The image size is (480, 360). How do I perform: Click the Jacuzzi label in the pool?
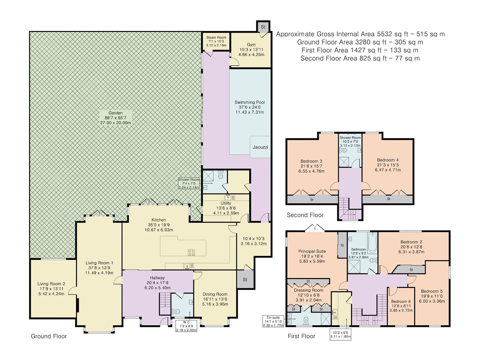[x=260, y=147]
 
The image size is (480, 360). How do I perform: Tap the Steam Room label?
[x=216, y=38]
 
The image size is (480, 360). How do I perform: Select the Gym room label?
[x=251, y=45]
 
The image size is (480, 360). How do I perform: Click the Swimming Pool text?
[x=249, y=102]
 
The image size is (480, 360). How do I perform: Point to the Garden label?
[x=115, y=113]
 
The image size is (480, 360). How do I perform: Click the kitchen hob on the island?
[x=192, y=252]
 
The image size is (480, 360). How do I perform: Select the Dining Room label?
[x=215, y=294]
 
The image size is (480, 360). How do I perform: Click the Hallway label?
[x=157, y=278]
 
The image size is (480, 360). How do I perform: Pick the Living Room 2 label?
[x=51, y=284]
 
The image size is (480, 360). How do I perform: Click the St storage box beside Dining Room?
[x=245, y=279]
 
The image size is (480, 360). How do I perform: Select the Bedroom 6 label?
[x=401, y=301]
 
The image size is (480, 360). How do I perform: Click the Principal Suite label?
[x=312, y=251]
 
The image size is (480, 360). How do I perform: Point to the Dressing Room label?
[x=308, y=290]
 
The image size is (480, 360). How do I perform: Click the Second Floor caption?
[x=305, y=215]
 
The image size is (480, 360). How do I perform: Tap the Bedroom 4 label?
[x=388, y=160]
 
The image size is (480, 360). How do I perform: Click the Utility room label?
[x=226, y=203]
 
